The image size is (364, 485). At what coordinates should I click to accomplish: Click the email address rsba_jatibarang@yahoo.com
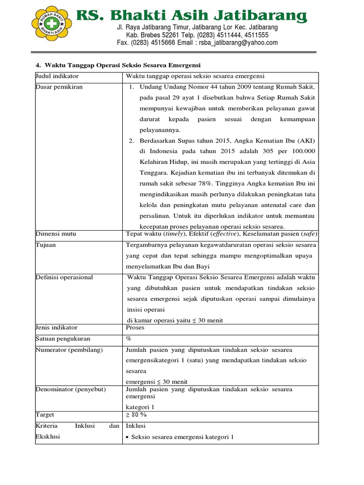[237, 43]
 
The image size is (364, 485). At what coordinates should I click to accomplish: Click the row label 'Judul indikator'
[57, 76]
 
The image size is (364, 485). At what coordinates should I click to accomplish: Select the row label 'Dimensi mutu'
[55, 234]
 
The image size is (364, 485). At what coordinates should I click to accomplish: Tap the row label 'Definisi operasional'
[64, 278]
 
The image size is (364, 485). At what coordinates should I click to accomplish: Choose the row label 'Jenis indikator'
[56, 327]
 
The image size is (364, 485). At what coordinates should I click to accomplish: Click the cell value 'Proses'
[135, 327]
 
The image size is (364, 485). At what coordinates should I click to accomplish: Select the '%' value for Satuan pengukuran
[128, 339]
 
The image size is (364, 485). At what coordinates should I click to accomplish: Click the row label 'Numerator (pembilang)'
[69, 350]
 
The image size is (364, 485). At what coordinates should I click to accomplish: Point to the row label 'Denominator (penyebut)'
[71, 389]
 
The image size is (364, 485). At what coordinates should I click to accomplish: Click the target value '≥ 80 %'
[136, 415]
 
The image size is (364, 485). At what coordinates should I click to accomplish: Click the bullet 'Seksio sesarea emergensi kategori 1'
[182, 437]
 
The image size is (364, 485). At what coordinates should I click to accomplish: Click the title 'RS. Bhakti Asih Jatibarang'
[192, 16]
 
